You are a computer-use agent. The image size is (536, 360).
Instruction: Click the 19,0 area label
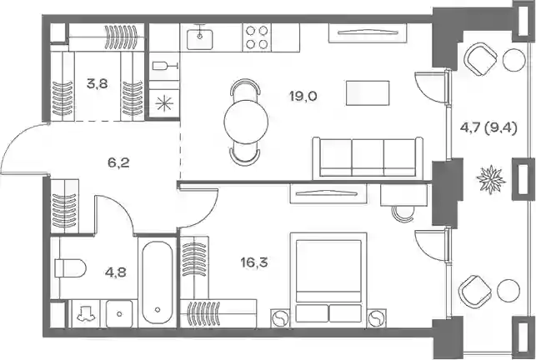tap(303, 96)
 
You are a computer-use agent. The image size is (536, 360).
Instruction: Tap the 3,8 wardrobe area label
tap(98, 83)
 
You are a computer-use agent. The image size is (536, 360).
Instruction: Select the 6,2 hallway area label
tap(118, 162)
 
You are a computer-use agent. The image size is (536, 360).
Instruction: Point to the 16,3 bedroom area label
tap(254, 262)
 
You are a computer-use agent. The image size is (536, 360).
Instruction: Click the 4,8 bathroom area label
tap(116, 272)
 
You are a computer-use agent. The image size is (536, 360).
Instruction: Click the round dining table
tap(246, 122)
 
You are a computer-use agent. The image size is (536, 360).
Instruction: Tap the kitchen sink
tap(200, 38)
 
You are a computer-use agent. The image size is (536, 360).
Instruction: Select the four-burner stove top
tap(257, 37)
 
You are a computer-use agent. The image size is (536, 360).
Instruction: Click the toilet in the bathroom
tap(70, 268)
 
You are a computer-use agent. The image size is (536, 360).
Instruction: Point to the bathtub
tap(158, 282)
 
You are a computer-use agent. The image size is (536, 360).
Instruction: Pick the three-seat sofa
tap(368, 157)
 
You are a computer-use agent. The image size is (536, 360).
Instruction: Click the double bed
tap(328, 278)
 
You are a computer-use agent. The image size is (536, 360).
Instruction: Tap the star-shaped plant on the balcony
tap(491, 179)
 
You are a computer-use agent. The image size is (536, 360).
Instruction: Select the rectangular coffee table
tap(368, 93)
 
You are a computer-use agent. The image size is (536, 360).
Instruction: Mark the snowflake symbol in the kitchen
tap(164, 103)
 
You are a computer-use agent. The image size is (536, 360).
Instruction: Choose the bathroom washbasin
tap(119, 313)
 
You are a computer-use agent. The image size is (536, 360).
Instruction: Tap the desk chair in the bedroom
tap(403, 213)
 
